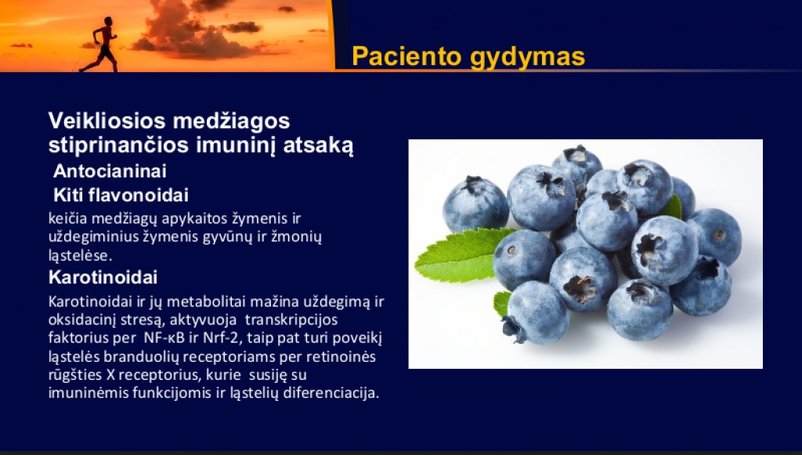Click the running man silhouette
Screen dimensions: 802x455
coord(101,45)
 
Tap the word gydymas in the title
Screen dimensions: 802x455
coord(527,57)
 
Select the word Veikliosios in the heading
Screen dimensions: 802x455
coord(107,121)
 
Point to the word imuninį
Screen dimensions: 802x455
coord(237,145)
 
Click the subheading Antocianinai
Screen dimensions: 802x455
coord(110,171)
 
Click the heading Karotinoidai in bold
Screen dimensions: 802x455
coord(103,277)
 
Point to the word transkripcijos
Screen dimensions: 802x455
coord(291,320)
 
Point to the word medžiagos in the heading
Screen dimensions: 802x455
coord(232,121)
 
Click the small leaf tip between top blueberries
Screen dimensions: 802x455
coord(673,208)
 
